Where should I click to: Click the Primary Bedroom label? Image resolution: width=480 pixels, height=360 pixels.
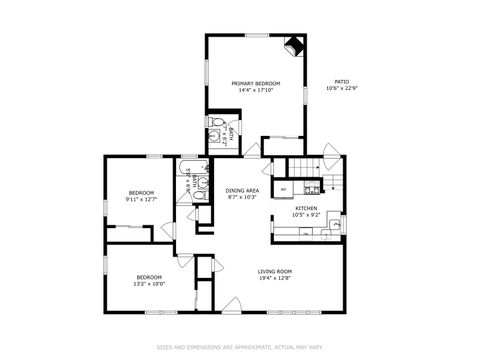[255, 83]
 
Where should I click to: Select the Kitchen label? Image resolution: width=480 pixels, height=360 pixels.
[305, 208]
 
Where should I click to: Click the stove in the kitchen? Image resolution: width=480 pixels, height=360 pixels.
[311, 187]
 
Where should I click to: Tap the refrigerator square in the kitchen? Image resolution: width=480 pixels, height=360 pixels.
[283, 188]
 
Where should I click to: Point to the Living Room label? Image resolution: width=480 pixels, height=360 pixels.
[274, 271]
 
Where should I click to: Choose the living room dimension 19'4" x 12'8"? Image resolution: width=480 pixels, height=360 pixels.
[274, 278]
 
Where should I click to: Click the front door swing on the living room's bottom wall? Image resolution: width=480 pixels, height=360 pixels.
[233, 303]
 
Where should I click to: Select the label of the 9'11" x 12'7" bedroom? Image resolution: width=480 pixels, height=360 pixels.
[141, 192]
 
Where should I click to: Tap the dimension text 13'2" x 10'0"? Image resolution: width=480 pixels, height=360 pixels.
[149, 283]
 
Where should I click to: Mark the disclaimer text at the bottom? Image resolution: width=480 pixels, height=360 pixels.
[240, 347]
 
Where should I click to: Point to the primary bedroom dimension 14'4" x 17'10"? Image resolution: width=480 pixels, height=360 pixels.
[255, 90]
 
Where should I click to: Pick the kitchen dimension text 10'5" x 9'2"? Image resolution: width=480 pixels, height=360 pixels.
[305, 215]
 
